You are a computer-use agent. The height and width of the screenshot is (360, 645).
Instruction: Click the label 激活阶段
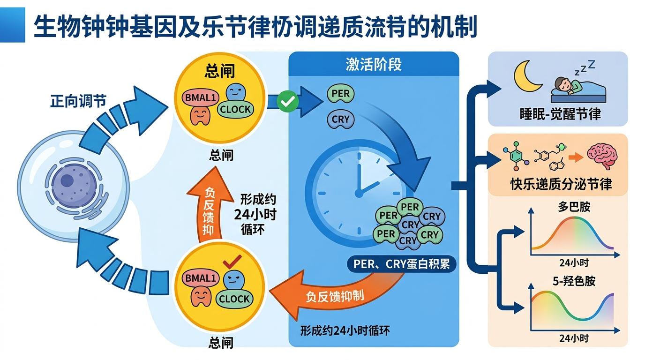click(374, 65)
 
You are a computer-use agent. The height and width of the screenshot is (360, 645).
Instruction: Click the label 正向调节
click(78, 101)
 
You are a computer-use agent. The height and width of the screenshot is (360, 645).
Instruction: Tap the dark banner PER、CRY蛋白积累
click(401, 264)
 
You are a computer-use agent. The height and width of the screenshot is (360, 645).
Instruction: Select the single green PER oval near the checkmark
click(340, 94)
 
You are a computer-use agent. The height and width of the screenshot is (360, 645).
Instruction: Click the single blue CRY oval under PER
click(340, 120)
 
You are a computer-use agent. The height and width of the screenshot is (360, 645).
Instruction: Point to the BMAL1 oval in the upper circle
click(199, 98)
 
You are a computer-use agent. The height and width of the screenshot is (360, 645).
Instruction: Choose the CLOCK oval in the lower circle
click(234, 299)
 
